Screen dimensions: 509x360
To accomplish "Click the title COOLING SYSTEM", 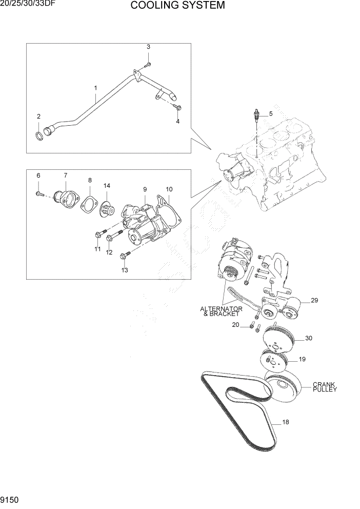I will [x=177, y=6].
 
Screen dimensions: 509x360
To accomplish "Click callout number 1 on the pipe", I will [x=95, y=88].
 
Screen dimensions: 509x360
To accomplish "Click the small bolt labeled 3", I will [x=148, y=64].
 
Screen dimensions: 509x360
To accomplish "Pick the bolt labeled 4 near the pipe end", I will [x=177, y=107].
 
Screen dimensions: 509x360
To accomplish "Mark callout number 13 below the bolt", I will [x=125, y=270].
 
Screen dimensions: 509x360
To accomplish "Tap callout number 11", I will [x=97, y=249].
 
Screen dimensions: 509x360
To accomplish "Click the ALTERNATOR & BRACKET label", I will [x=222, y=311].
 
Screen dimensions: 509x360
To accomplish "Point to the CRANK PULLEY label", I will [x=325, y=387].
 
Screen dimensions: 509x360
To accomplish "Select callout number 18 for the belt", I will [x=286, y=422].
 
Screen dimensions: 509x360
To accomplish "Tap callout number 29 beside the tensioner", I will [x=314, y=300].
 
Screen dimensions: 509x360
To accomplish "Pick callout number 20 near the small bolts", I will [x=235, y=325].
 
